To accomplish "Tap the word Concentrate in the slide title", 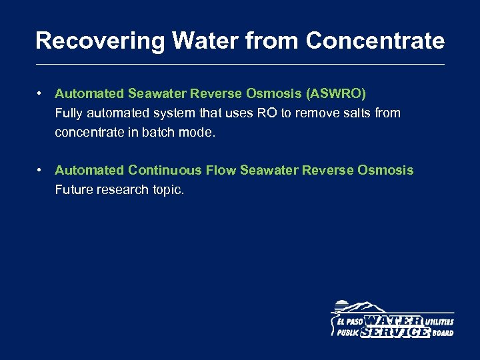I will [x=375, y=41].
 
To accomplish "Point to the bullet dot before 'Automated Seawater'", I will [x=41, y=94].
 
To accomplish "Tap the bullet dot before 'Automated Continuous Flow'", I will [x=41, y=170].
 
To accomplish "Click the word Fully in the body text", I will [x=68, y=113].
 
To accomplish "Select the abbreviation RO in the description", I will [x=267, y=113].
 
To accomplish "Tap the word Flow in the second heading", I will [x=221, y=170].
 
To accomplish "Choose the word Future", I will [x=75, y=190].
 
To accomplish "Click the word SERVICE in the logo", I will [x=395, y=332].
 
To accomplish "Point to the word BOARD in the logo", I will [x=442, y=333].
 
